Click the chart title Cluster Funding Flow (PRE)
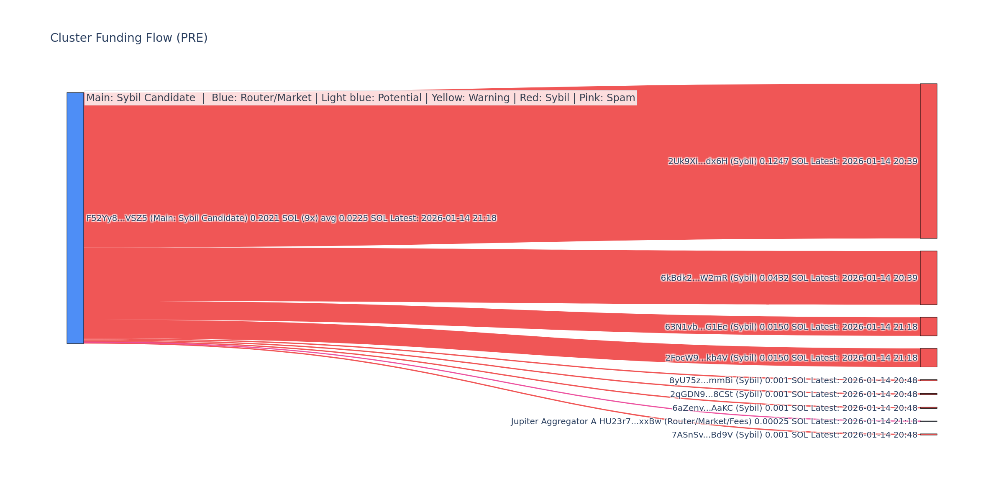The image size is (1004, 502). (x=129, y=38)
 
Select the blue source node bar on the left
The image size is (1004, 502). (x=75, y=218)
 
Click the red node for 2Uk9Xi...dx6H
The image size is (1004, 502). (x=928, y=161)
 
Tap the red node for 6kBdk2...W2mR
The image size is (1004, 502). (x=928, y=278)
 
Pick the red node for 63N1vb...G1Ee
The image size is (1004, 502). (x=928, y=326)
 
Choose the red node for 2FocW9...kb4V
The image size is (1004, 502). (x=928, y=358)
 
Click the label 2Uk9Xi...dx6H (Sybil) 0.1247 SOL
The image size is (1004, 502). (x=792, y=161)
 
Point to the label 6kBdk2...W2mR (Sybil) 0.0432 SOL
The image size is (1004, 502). (x=789, y=278)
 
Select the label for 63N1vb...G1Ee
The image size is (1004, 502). (x=791, y=327)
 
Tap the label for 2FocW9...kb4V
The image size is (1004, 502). (x=791, y=358)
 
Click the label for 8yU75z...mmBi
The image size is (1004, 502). (x=793, y=381)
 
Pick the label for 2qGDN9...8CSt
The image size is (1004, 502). (x=794, y=394)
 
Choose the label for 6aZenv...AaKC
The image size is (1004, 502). (x=795, y=408)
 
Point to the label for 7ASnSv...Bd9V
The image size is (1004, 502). (x=794, y=435)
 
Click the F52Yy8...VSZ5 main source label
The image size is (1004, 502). (x=291, y=218)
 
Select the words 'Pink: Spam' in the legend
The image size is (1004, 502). (x=607, y=98)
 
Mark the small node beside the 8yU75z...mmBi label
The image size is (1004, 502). (x=928, y=380)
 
